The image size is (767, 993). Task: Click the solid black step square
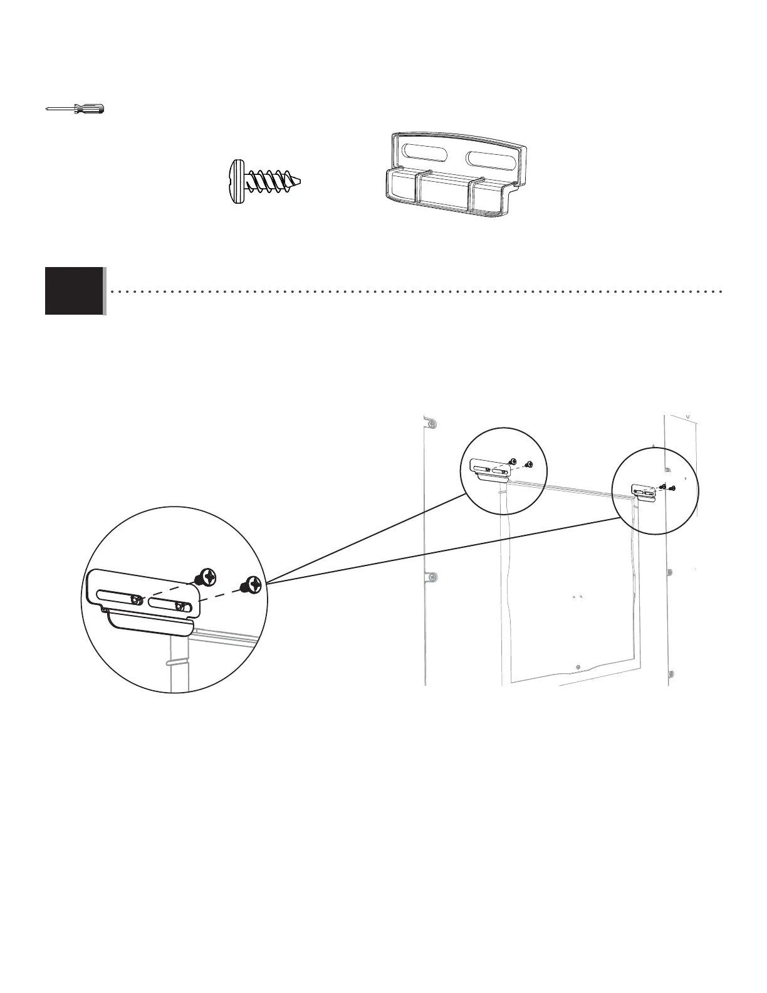click(74, 290)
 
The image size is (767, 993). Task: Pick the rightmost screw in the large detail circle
click(253, 584)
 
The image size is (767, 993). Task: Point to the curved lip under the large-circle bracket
click(150, 626)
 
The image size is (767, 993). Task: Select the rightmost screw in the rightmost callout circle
click(672, 488)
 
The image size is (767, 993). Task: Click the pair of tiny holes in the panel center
click(578, 597)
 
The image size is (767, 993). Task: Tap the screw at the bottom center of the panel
click(578, 666)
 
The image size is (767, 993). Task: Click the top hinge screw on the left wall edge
click(430, 425)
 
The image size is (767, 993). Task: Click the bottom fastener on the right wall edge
click(671, 675)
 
